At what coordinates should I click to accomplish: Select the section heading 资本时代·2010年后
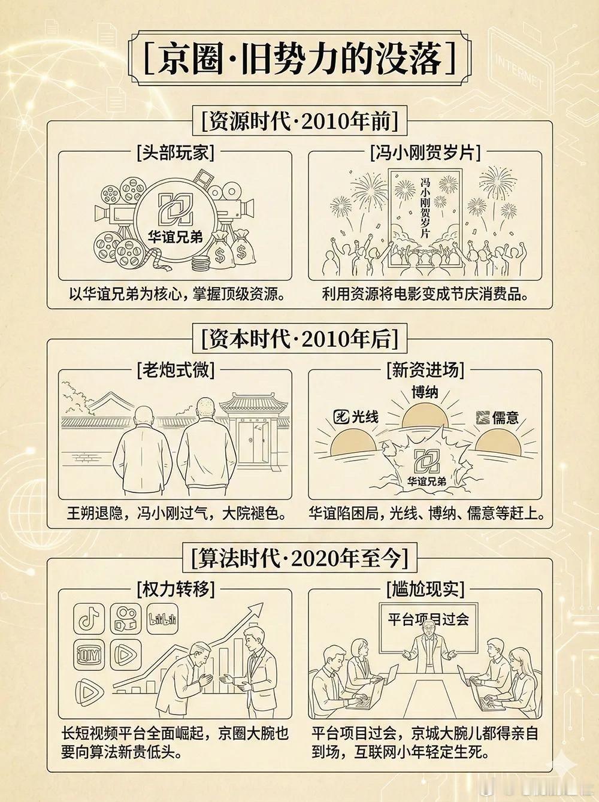(299, 340)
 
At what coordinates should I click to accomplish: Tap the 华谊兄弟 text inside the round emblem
(176, 238)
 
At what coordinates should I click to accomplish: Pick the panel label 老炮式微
(176, 371)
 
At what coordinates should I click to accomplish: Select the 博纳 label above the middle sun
(425, 392)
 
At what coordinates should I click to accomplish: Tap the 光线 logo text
(365, 416)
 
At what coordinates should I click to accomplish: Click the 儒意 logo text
(505, 417)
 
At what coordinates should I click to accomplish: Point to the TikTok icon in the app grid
(89, 619)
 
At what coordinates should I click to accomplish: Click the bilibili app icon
(162, 619)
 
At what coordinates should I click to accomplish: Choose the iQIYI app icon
(89, 655)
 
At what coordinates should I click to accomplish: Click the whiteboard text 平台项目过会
(428, 619)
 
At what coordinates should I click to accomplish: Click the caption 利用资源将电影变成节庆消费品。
(425, 293)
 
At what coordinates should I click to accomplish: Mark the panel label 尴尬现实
(425, 589)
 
